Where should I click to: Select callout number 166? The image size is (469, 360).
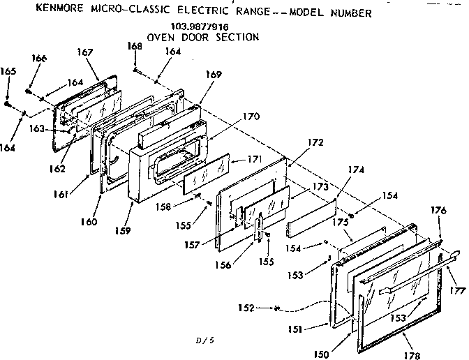click(x=39, y=59)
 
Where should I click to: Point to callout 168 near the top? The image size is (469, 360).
click(x=135, y=46)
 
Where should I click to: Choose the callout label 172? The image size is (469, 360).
click(x=316, y=142)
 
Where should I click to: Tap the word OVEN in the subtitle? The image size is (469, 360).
click(x=161, y=36)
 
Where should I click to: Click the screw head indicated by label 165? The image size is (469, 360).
click(x=6, y=104)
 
